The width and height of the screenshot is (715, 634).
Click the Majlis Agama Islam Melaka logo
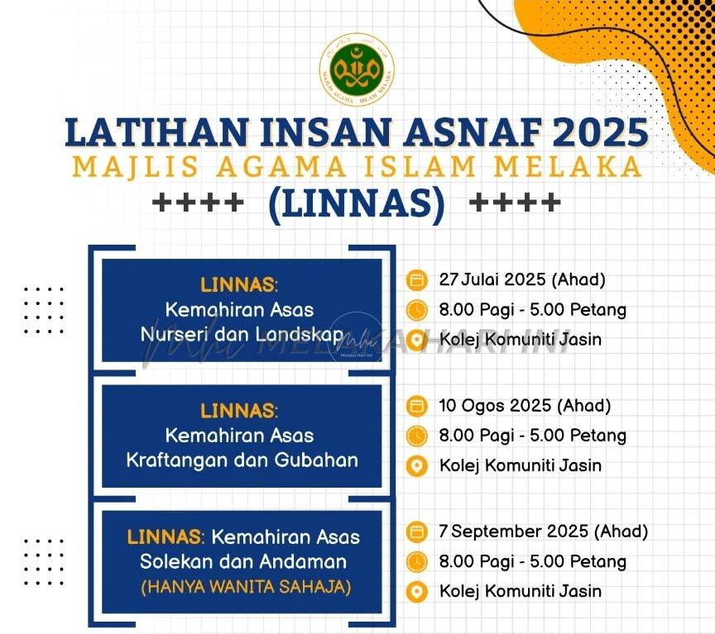357,69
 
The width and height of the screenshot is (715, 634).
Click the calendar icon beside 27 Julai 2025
416,279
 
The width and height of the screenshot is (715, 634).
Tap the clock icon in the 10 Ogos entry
416,436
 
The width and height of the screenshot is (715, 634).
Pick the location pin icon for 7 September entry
416,592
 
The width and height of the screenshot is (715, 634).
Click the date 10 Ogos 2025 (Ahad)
525,405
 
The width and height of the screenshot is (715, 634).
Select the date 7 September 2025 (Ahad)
544,532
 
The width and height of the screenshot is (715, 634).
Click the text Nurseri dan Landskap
242,334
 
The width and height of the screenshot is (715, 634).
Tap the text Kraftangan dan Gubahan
242,460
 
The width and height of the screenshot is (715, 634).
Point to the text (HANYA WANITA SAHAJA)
247,587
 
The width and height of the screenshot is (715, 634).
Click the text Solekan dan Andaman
243,561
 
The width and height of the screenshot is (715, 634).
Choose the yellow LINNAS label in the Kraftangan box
238,412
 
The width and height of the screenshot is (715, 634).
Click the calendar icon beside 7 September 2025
416,532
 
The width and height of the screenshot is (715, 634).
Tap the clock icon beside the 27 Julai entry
416,310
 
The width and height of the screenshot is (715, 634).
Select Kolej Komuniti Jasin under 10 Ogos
521,466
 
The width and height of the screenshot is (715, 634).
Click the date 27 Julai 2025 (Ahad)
522,279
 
